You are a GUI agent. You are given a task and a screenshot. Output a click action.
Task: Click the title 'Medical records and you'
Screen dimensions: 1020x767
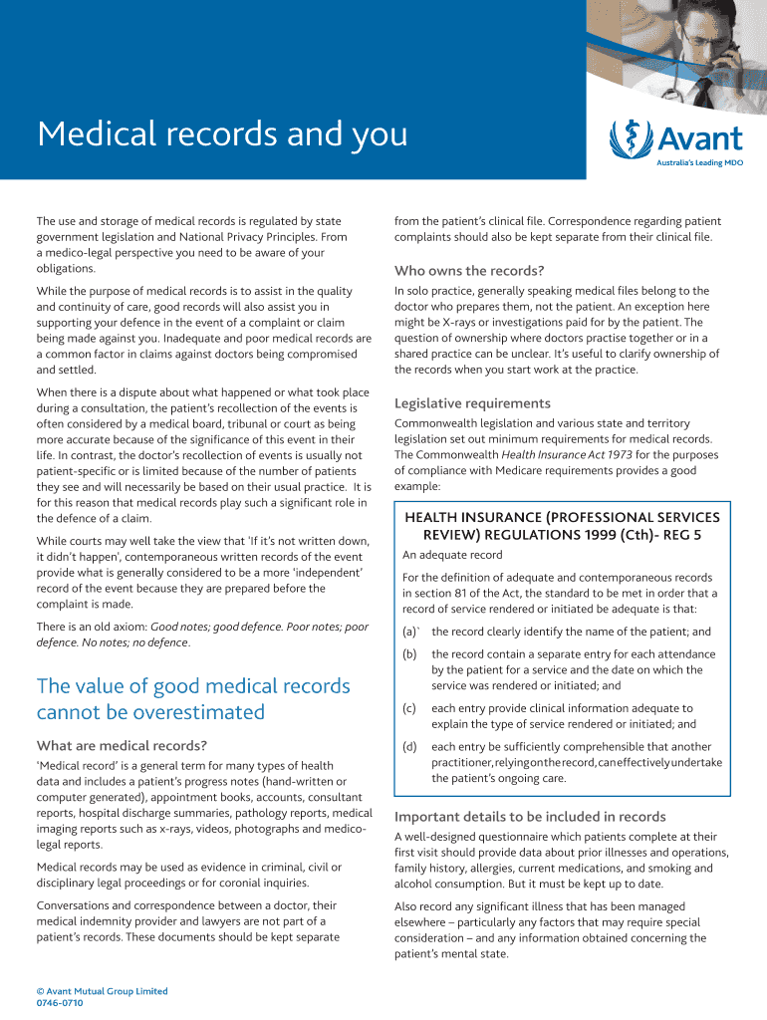pyautogui.click(x=222, y=134)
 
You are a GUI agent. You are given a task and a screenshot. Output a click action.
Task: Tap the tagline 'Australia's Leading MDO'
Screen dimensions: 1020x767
pyautogui.click(x=698, y=162)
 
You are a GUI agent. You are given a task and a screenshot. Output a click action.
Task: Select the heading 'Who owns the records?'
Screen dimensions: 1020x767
pyautogui.click(x=468, y=271)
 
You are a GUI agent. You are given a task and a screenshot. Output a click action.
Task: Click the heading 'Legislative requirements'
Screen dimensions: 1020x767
pyautogui.click(x=472, y=403)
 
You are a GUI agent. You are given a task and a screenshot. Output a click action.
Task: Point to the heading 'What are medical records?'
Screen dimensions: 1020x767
pyautogui.click(x=122, y=746)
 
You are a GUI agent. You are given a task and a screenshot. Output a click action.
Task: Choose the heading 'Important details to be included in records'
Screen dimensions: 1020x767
pyautogui.click(x=530, y=817)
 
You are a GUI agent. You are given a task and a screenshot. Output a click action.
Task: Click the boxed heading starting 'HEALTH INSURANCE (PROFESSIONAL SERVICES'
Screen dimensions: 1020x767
pyautogui.click(x=562, y=517)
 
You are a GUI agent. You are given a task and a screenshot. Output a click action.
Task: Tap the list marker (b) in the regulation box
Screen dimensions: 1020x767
pyautogui.click(x=409, y=654)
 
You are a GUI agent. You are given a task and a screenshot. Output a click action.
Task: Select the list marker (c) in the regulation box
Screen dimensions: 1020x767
pyautogui.click(x=409, y=708)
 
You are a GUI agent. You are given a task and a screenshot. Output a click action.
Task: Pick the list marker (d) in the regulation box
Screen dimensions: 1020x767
pyautogui.click(x=409, y=747)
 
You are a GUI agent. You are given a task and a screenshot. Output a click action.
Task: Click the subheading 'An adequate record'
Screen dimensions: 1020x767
pyautogui.click(x=452, y=555)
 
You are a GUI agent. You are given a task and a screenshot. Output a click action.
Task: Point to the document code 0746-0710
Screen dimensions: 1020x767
pyautogui.click(x=60, y=1003)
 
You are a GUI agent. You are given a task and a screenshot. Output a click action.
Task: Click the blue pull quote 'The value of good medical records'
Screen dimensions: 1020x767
pyautogui.click(x=193, y=686)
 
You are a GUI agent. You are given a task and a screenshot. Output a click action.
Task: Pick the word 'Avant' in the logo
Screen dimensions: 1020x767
pyautogui.click(x=697, y=137)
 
